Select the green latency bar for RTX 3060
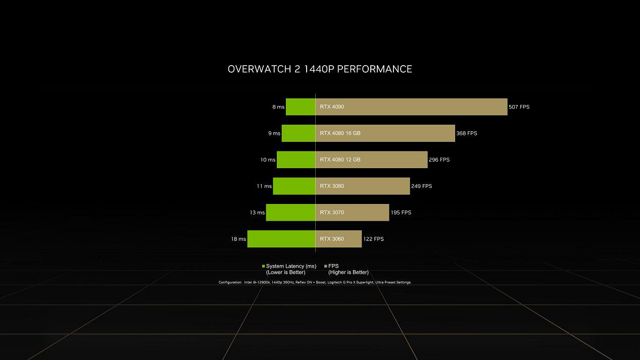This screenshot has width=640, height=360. (x=281, y=239)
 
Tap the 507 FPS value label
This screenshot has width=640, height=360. (x=519, y=107)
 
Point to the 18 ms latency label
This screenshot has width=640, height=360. (x=238, y=239)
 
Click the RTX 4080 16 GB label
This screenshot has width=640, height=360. (x=340, y=133)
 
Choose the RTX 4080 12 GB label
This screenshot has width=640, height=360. (x=340, y=160)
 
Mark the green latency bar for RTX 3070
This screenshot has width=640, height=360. (x=290, y=213)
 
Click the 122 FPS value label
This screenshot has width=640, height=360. (x=373, y=239)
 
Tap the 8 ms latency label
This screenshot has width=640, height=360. (x=278, y=107)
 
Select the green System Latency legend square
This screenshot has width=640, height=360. (x=263, y=266)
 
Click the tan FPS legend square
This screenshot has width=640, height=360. (x=326, y=266)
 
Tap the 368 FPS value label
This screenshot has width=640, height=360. (x=467, y=133)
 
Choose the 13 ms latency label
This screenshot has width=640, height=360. (x=257, y=213)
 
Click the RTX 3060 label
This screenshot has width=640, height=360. (x=332, y=239)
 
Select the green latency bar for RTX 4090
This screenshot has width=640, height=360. (x=301, y=107)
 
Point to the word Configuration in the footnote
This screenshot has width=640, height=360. (x=230, y=282)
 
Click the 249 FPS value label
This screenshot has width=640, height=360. (x=421, y=186)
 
